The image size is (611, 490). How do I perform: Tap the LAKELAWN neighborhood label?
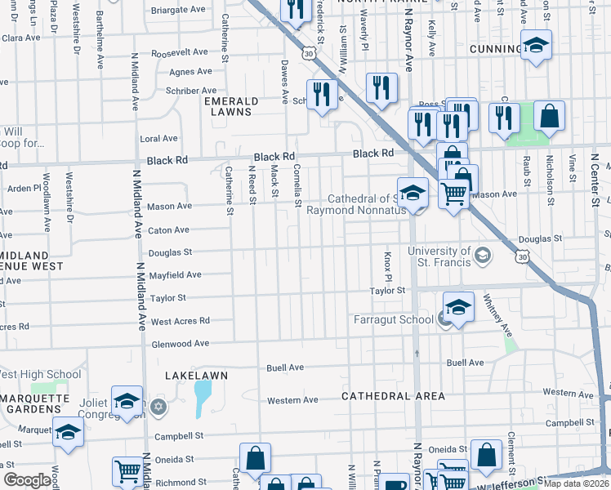(196, 375)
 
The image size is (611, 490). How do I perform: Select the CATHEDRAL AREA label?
(393, 396)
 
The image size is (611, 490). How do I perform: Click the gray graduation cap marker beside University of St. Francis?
(483, 256)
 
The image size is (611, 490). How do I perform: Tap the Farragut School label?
(393, 319)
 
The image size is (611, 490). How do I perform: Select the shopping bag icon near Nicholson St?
(550, 117)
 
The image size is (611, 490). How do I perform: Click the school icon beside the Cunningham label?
(536, 46)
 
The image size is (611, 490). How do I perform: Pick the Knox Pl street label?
(389, 268)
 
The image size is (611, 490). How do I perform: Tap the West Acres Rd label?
(181, 321)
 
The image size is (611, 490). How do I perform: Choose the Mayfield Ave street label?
(175, 275)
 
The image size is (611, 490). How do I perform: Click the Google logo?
(27, 480)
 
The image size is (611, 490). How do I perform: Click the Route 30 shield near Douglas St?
(522, 256)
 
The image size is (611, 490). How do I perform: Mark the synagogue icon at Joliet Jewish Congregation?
(158, 406)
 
